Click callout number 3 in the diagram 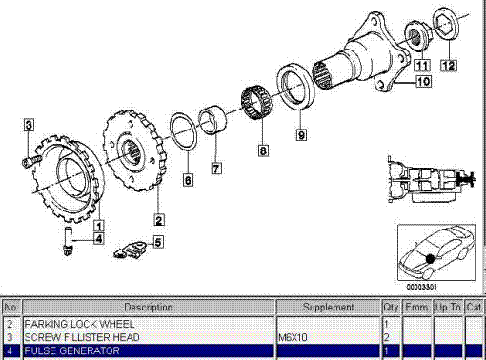pyautogui.click(x=29, y=125)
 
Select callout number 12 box pyautogui.click(x=448, y=65)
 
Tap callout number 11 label pyautogui.click(x=421, y=65)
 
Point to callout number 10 pyautogui.click(x=423, y=83)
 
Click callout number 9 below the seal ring pyautogui.click(x=301, y=135)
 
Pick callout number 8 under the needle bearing pyautogui.click(x=264, y=150)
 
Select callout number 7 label pyautogui.click(x=216, y=169)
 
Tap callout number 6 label pyautogui.click(x=188, y=179)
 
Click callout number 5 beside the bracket pyautogui.click(x=157, y=242)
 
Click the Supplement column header pyautogui.click(x=328, y=308)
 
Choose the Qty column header pyautogui.click(x=391, y=308)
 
